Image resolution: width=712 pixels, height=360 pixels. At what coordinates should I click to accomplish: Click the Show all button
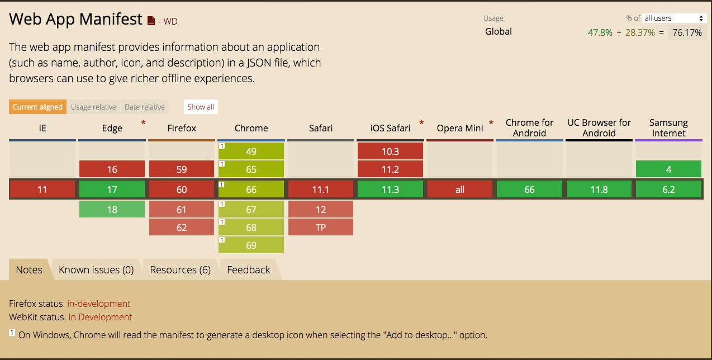[201, 107]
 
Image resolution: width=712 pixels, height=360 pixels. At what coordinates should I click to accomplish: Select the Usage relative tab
[93, 107]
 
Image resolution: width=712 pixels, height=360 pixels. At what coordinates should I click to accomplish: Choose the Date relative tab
[145, 107]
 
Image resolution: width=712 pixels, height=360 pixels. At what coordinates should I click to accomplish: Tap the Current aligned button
[37, 107]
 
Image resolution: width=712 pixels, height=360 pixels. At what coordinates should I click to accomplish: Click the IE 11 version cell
[42, 190]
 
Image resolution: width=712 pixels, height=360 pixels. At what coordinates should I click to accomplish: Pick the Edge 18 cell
[112, 209]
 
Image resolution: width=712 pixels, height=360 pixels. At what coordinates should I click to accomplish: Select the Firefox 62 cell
[182, 227]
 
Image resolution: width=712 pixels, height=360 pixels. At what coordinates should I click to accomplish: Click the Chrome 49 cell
[251, 151]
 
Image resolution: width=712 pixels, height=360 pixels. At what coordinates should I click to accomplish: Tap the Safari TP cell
[321, 227]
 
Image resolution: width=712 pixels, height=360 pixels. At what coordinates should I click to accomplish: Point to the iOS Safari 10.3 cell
[390, 151]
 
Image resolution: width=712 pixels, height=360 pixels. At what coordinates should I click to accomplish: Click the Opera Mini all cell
[459, 190]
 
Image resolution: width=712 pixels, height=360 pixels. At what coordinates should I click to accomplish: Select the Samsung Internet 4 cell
[669, 169]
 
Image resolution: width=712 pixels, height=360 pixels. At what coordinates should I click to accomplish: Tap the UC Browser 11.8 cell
[599, 190]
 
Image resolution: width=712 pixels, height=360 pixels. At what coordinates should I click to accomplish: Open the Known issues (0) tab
[96, 269]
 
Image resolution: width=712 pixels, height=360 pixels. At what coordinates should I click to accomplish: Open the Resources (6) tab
[180, 269]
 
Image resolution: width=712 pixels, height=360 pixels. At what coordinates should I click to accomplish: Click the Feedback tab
[249, 269]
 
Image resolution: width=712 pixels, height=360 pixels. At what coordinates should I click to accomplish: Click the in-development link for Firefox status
[99, 304]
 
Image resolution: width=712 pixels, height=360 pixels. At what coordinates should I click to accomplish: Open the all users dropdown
[673, 18]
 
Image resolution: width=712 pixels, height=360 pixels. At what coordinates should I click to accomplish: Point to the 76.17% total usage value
[687, 32]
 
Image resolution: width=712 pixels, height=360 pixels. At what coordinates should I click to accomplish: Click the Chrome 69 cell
[251, 245]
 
